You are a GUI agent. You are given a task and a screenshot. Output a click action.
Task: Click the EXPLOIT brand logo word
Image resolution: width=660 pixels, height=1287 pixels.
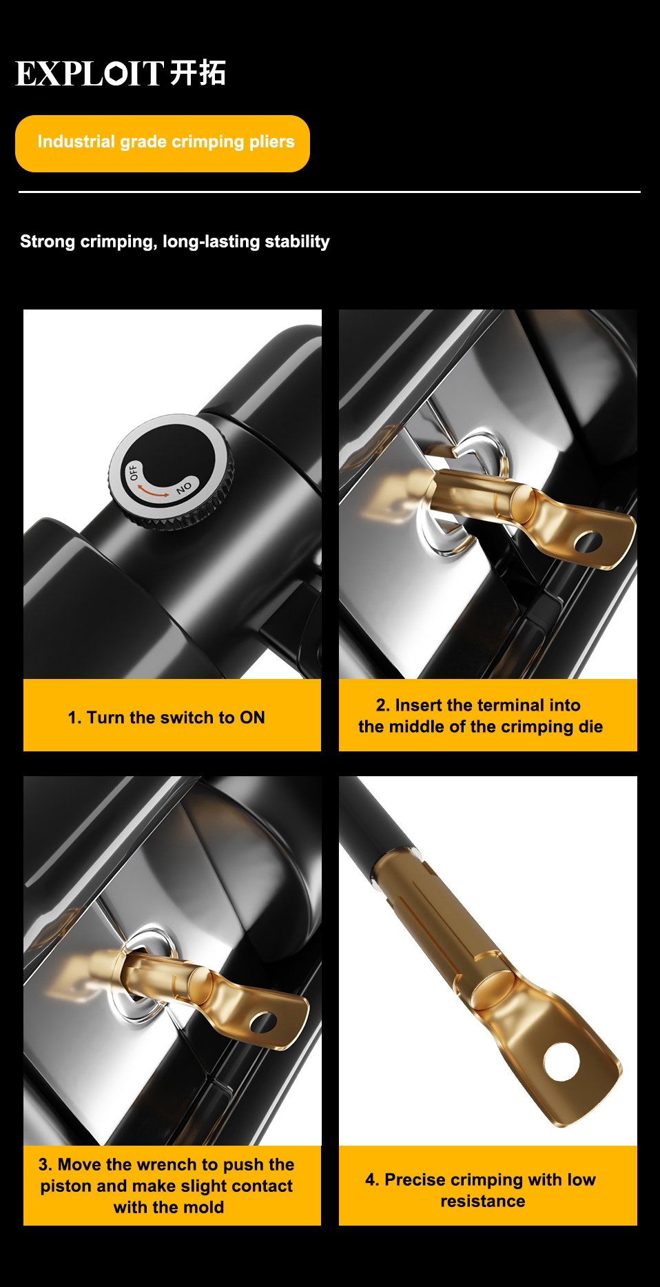(x=90, y=74)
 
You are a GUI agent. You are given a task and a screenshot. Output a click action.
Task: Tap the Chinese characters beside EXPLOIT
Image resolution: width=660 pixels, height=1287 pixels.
(x=198, y=73)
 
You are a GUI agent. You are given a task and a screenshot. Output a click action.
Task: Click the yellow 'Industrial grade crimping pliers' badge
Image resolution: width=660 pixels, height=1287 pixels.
(x=163, y=143)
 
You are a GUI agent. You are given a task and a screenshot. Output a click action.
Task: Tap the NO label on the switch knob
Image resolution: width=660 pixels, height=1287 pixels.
(x=184, y=487)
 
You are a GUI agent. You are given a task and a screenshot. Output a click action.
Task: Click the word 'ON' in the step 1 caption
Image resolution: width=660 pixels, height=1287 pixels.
(x=252, y=718)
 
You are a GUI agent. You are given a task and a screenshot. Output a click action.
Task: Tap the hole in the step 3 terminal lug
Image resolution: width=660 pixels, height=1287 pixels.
(x=262, y=1022)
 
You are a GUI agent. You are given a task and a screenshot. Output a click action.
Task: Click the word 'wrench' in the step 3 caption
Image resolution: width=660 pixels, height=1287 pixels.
(x=167, y=1164)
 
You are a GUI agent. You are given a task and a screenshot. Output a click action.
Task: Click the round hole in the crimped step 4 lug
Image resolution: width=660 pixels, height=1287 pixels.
(x=562, y=1062)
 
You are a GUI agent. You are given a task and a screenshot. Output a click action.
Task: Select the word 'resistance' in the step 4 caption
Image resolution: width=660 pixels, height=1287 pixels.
(x=483, y=1202)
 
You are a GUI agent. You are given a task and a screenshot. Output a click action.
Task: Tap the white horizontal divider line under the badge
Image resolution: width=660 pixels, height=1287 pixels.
(x=329, y=192)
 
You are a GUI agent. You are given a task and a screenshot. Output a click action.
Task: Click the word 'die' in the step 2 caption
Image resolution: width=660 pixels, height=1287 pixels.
(x=590, y=727)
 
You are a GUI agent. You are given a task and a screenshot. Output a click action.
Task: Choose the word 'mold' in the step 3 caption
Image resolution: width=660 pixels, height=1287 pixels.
(x=205, y=1208)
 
